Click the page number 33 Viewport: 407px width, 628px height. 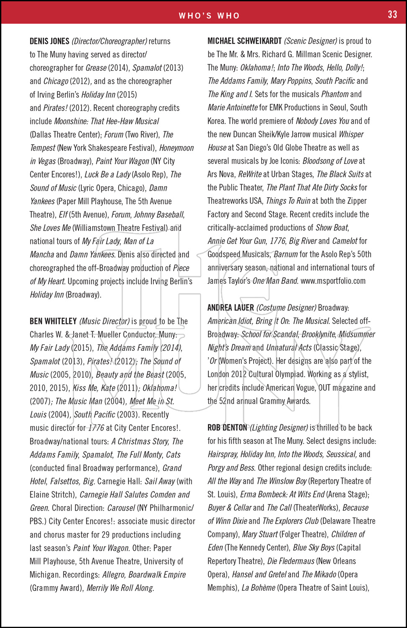pyautogui.click(x=392, y=15)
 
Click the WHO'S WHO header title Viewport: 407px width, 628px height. pyautogui.click(x=209, y=16)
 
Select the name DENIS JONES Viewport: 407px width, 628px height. pyautogui.click(x=49, y=41)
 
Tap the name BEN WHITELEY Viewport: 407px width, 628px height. pyautogui.click(x=53, y=321)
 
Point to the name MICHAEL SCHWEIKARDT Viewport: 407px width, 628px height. pyautogui.click(x=244, y=41)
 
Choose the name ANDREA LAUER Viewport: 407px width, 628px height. pyautogui.click(x=231, y=308)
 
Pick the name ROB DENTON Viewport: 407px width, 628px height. pyautogui.click(x=227, y=427)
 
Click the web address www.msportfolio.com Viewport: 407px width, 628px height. pyautogui.click(x=333, y=281)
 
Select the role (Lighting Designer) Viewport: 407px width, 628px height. pyautogui.click(x=279, y=427)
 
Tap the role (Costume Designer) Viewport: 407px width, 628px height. pyautogui.click(x=286, y=308)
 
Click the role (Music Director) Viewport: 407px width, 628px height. pyautogui.click(x=104, y=321)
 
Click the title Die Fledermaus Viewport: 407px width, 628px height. pyautogui.click(x=290, y=561)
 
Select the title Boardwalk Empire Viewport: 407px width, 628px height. pyautogui.click(x=157, y=574)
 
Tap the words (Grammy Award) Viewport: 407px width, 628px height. pyautogui.click(x=56, y=588)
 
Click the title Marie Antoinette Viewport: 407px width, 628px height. pyautogui.click(x=233, y=108)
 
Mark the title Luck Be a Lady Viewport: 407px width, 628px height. pyautogui.click(x=108, y=174)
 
